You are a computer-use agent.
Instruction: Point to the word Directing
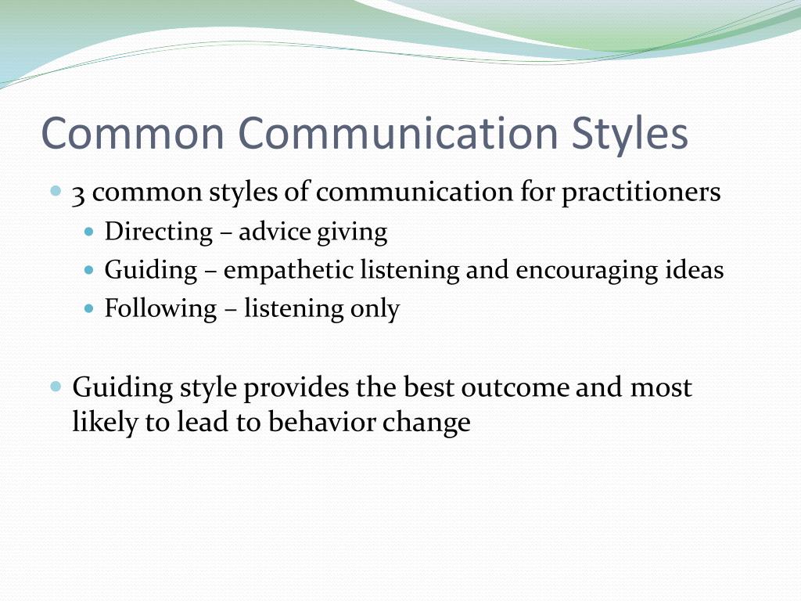(x=159, y=232)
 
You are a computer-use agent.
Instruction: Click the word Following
(x=160, y=309)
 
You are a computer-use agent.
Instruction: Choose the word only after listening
(x=375, y=309)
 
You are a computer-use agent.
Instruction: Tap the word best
(x=429, y=388)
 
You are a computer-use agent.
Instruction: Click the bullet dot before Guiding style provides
(x=56, y=387)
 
